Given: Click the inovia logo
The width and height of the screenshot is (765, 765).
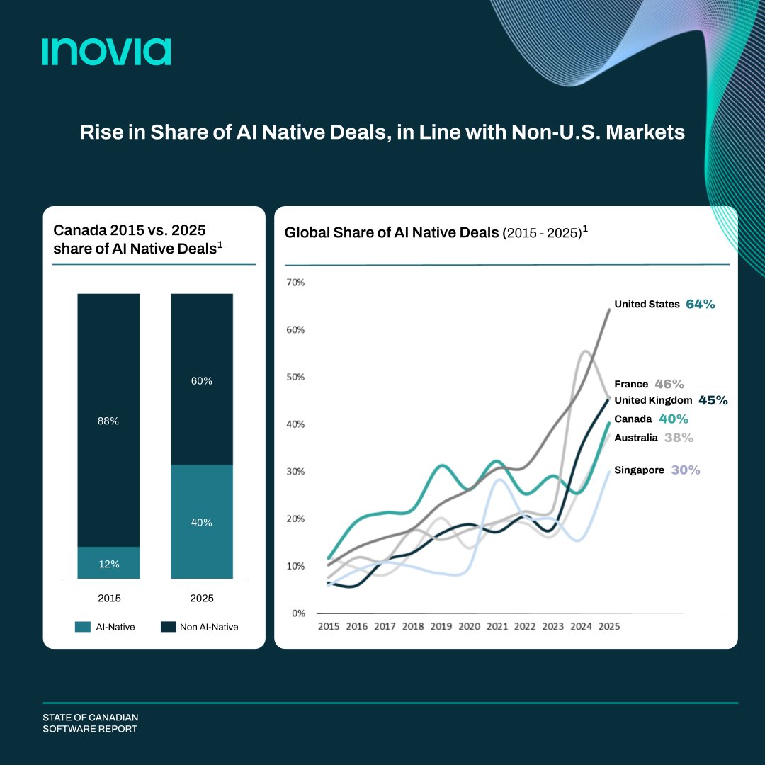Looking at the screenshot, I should tap(106, 52).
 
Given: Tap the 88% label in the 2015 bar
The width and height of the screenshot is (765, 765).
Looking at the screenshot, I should tap(108, 421).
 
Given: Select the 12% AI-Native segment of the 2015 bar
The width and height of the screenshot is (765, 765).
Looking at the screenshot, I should tap(108, 563).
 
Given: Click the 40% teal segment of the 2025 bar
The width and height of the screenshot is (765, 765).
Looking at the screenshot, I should tap(202, 522).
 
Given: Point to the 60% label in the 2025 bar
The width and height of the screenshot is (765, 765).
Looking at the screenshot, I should tap(202, 380).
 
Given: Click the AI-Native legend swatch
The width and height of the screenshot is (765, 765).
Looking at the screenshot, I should tap(83, 627).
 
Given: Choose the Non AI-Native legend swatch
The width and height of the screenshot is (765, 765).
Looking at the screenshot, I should tap(168, 627).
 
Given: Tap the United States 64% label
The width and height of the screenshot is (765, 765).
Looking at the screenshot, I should tap(664, 304).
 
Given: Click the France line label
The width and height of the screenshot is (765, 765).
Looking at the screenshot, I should tap(631, 384).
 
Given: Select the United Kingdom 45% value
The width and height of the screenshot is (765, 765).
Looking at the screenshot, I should tap(713, 400).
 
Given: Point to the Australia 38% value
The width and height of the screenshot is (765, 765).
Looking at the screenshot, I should tap(679, 438).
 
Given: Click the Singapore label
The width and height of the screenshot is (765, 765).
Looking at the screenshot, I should tap(639, 470).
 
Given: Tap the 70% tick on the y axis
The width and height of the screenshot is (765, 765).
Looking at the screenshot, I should tap(295, 283).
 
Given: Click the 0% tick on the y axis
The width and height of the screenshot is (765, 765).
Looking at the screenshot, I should tap(297, 613).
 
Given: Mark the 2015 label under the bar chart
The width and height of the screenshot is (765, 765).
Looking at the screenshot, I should tap(109, 599).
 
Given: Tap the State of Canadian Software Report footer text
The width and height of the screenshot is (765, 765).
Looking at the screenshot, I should tap(90, 723).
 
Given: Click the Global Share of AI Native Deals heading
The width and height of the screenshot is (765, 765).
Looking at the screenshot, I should tap(392, 232).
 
